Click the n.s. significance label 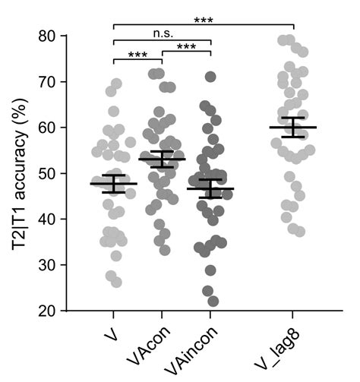[x=162, y=33]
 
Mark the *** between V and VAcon [x=137, y=55]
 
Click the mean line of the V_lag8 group [x=293, y=128]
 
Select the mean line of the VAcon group [x=162, y=159]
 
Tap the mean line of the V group [x=113, y=184]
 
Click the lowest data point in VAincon [x=213, y=301]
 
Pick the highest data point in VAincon [x=210, y=77]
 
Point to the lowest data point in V [x=115, y=282]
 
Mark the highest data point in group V [x=116, y=84]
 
